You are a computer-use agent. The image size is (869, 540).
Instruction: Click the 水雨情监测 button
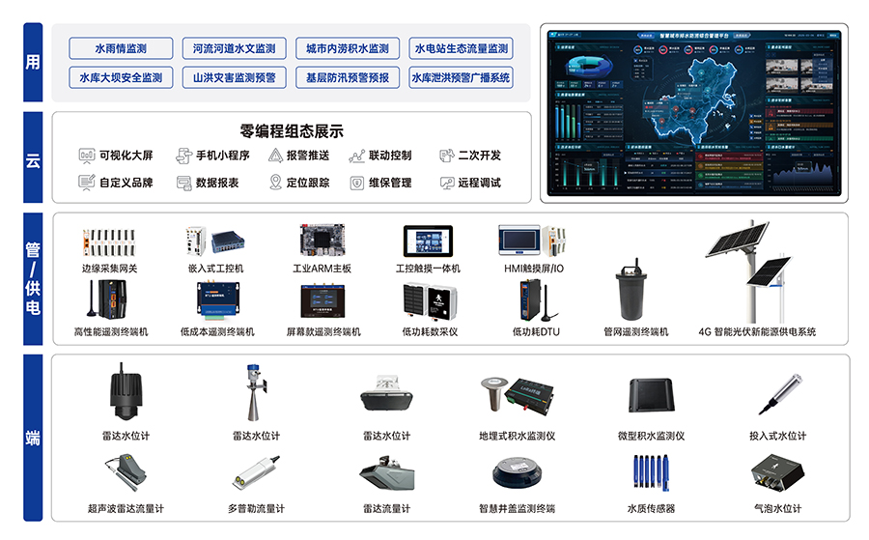pyautogui.click(x=121, y=48)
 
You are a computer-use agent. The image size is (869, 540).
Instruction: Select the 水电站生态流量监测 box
pyautogui.click(x=461, y=48)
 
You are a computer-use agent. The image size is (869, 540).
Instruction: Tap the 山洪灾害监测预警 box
pyautogui.click(x=234, y=77)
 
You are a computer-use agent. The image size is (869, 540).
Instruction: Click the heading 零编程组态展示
pyautogui.click(x=291, y=131)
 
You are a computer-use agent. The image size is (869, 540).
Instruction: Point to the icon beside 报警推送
pyautogui.click(x=275, y=156)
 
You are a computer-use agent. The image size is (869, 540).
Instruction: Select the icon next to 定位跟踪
pyautogui.click(x=275, y=183)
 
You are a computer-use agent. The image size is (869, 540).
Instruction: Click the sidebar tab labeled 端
pyautogui.click(x=33, y=437)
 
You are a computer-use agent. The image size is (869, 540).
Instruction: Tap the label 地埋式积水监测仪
pyautogui.click(x=517, y=437)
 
